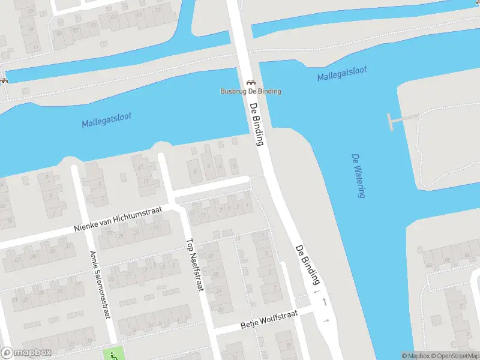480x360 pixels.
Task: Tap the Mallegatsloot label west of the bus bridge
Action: [106, 120]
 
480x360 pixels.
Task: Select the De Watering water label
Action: [359, 175]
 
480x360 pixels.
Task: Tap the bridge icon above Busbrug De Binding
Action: [250, 83]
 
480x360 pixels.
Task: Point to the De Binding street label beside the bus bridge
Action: [256, 124]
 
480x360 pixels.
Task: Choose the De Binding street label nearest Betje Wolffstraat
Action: [307, 264]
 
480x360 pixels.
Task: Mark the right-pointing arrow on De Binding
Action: [326, 320]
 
